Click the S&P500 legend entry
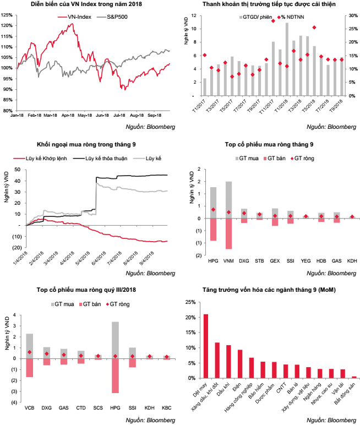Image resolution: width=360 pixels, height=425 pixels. pos(112,17)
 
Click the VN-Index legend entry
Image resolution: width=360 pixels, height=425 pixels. pos(74,17)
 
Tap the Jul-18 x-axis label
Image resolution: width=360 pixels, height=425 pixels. pos(119,115)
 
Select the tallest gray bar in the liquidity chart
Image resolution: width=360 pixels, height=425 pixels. pos(287,59)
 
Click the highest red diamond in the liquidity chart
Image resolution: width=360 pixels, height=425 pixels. pos(273,20)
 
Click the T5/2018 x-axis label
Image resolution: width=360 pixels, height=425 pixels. pos(308,106)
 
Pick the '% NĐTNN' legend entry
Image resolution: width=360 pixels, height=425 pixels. pos(291,17)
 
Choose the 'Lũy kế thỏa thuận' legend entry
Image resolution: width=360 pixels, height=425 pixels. pos(100,159)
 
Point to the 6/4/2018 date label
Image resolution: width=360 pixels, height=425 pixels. pos(99,258)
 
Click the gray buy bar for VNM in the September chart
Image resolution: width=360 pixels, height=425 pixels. pos(228,200)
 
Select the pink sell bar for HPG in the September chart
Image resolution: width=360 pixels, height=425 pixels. pos(213,230)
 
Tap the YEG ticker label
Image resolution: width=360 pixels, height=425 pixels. pos(306,261)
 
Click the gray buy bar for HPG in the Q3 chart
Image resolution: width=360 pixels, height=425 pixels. pos(115,340)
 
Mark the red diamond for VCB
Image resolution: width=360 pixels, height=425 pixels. pos(30,352)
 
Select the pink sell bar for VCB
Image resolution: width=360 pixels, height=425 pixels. pos(30,368)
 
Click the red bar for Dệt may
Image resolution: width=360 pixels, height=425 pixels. pos(206,346)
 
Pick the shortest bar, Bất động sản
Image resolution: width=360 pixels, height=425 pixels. pos(354,377)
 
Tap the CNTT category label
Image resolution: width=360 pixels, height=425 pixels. pos(281,388)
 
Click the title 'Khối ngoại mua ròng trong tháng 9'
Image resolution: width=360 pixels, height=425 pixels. pos(86,144)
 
